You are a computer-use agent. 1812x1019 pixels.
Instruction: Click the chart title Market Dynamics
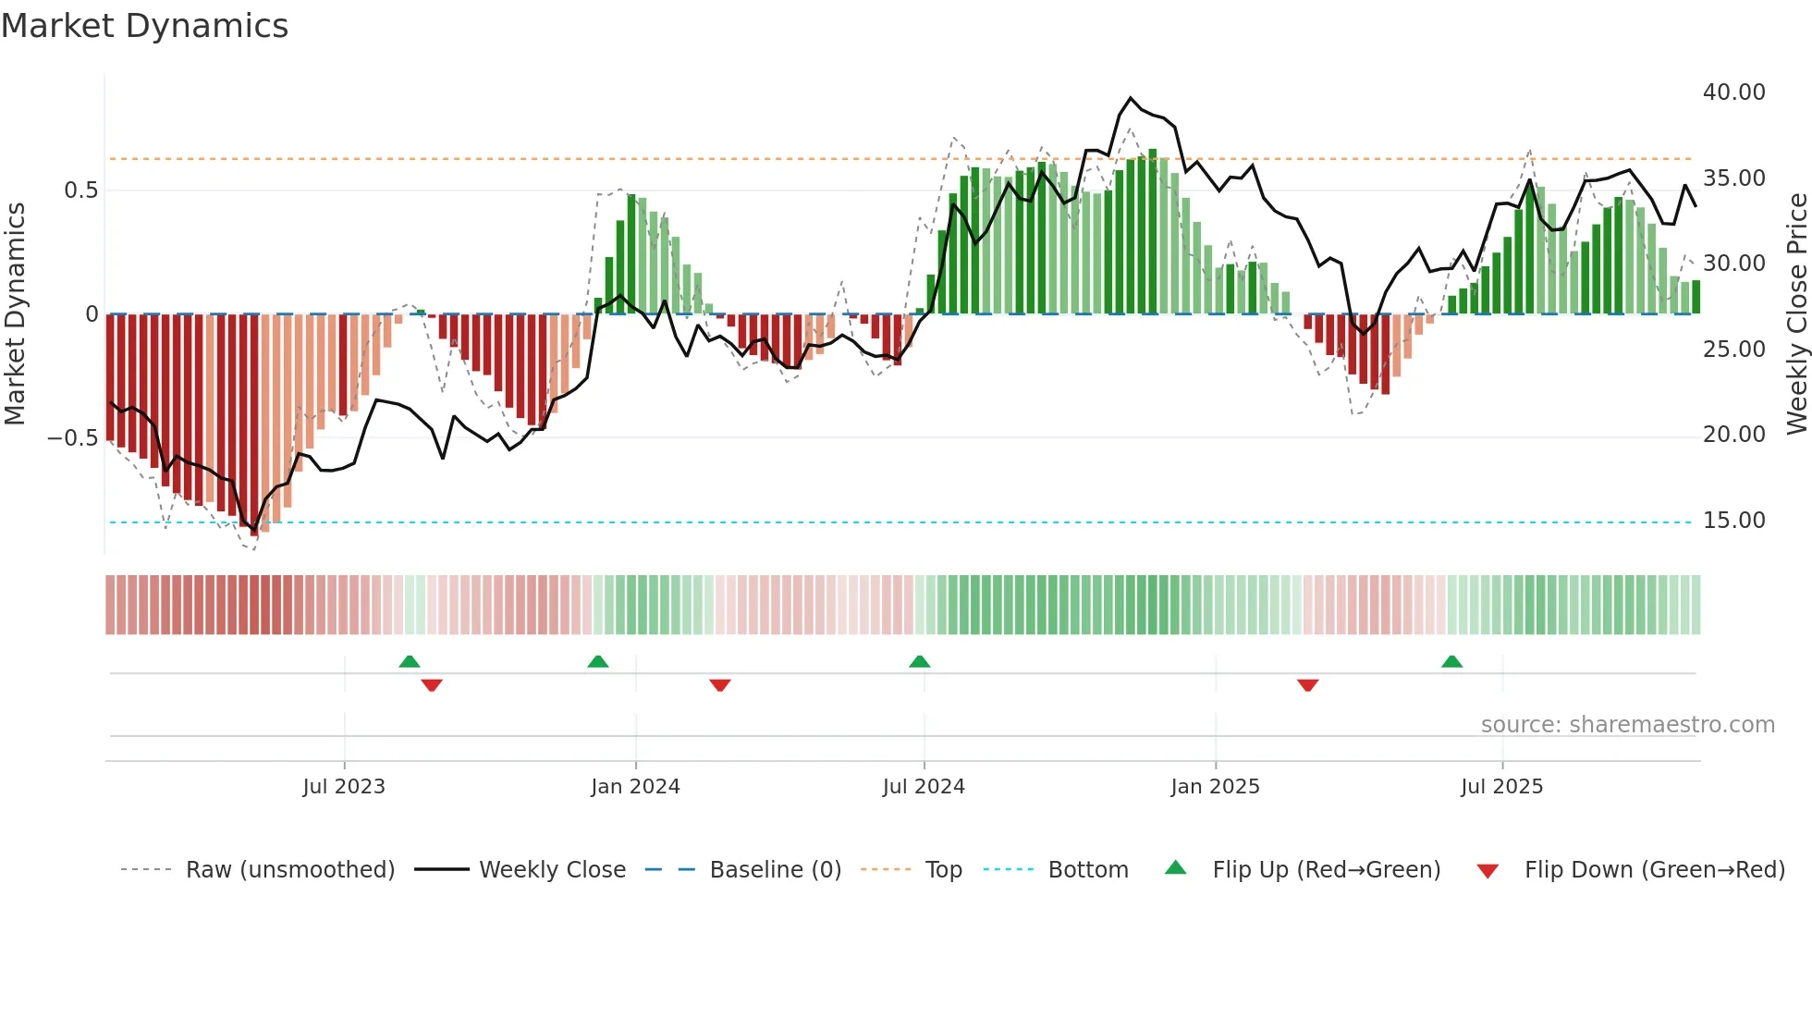click(144, 26)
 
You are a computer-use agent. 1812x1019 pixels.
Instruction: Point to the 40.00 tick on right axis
click(1733, 92)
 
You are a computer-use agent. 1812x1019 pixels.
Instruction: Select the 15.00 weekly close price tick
click(1733, 521)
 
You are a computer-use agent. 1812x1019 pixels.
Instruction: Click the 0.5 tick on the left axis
click(80, 190)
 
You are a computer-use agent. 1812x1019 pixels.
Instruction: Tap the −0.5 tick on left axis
click(72, 438)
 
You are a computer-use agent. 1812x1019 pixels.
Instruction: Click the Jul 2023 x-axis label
click(343, 787)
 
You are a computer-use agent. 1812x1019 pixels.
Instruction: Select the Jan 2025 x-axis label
click(1215, 787)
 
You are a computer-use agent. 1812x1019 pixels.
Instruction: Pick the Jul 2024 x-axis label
click(924, 787)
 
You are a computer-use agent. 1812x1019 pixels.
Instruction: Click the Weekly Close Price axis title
click(1796, 313)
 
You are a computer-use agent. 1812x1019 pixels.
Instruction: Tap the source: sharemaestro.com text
click(1627, 725)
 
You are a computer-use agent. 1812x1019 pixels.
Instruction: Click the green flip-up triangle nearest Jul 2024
click(919, 661)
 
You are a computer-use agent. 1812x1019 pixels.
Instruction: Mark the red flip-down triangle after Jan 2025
click(1307, 685)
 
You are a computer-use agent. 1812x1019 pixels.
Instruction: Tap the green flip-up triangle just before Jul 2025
click(1451, 661)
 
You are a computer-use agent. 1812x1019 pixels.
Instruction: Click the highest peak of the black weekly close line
click(1130, 97)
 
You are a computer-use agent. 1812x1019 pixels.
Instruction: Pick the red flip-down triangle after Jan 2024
click(720, 685)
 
